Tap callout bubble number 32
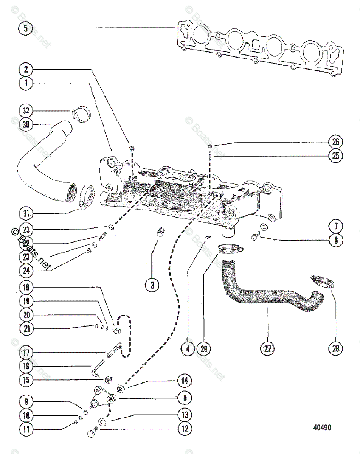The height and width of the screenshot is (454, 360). click(x=25, y=111)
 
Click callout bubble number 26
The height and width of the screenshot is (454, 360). click(x=335, y=142)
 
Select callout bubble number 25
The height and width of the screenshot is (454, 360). click(x=335, y=155)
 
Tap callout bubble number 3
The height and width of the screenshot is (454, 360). click(x=152, y=286)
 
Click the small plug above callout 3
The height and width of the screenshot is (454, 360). click(x=161, y=231)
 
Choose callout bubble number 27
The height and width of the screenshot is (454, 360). click(x=267, y=349)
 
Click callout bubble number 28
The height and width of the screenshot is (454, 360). click(x=335, y=349)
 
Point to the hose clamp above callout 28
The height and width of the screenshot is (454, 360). click(x=322, y=281)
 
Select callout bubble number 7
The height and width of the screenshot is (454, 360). click(x=335, y=226)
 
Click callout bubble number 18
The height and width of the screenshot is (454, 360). click(x=25, y=287)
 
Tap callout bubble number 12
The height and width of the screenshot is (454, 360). click(x=185, y=428)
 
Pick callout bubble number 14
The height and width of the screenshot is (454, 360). click(x=185, y=380)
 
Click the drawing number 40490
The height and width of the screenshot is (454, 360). click(x=322, y=428)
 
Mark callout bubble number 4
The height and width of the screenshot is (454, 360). click(x=188, y=349)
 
